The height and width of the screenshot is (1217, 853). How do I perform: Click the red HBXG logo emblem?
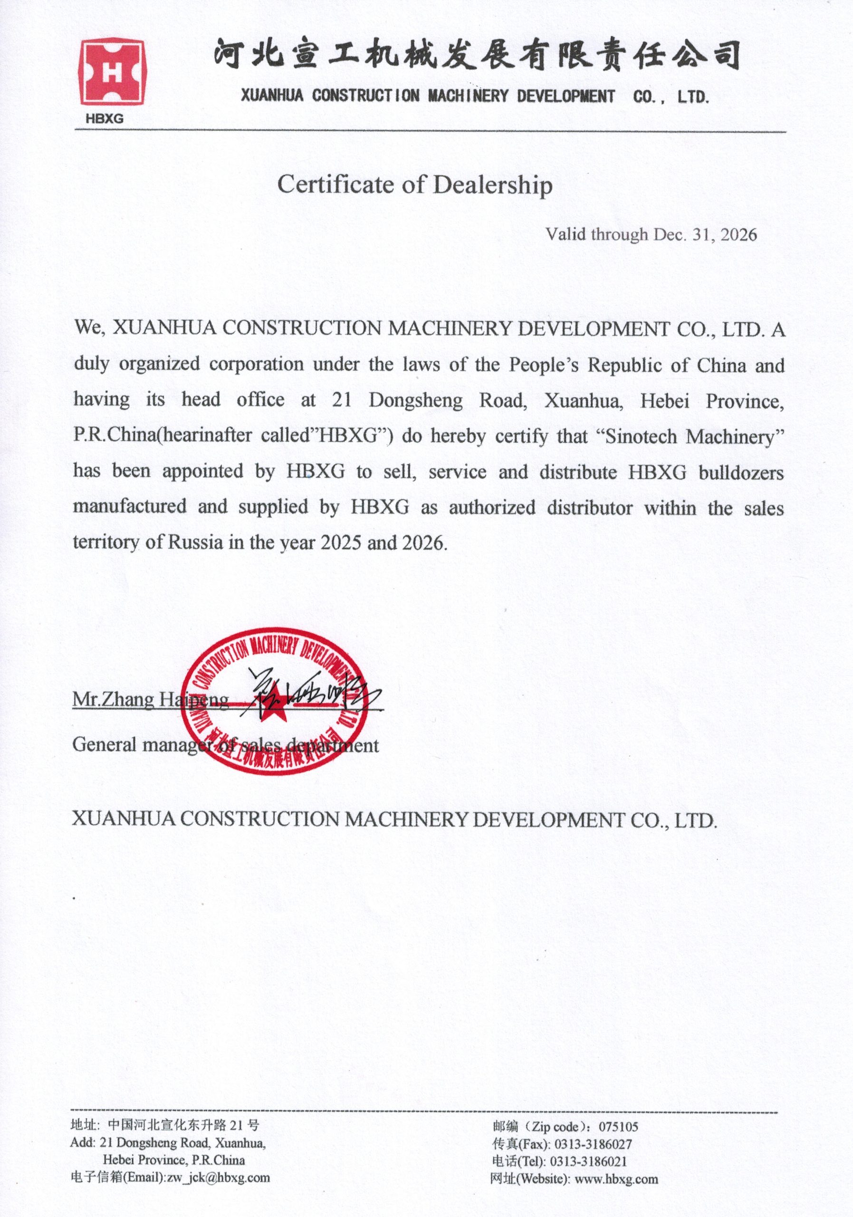click(112, 74)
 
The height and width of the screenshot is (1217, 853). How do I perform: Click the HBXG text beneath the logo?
click(105, 119)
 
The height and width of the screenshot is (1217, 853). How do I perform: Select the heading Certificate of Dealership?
click(415, 185)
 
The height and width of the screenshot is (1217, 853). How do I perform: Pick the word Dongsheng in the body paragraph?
click(415, 400)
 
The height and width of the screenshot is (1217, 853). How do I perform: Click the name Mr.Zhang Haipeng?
click(151, 700)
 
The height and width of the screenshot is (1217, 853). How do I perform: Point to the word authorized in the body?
click(493, 508)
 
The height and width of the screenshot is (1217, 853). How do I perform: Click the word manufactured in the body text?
click(130, 507)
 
